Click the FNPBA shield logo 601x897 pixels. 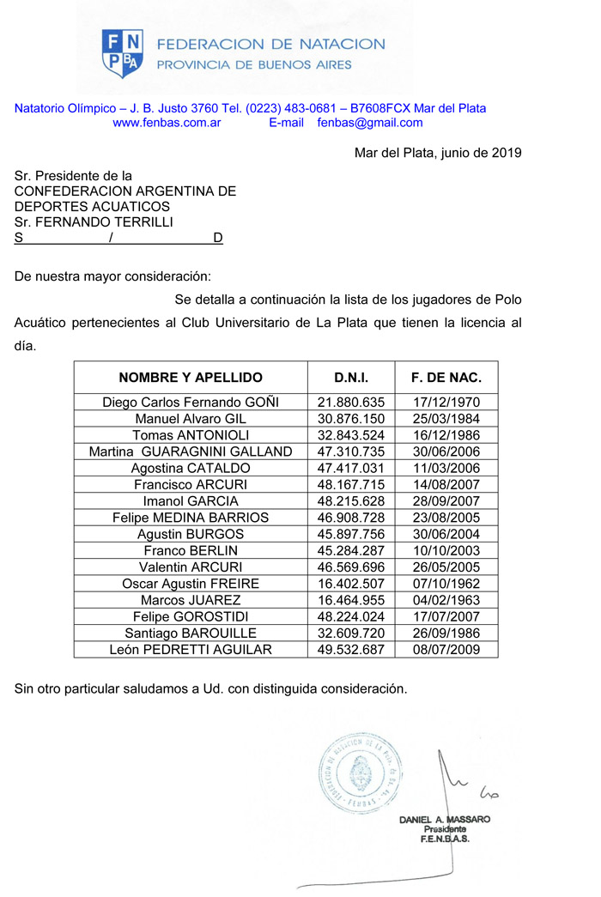(x=123, y=53)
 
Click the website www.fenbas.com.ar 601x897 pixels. (x=167, y=123)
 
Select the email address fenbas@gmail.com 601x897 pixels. (x=370, y=123)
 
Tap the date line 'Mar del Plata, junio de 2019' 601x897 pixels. (x=438, y=154)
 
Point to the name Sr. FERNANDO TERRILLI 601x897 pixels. (x=94, y=222)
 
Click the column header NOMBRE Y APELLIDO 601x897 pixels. (x=191, y=378)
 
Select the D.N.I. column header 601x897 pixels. (x=352, y=378)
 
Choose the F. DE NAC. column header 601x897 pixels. (x=446, y=378)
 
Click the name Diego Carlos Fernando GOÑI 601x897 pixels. (x=191, y=403)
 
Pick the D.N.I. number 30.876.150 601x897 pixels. (x=351, y=419)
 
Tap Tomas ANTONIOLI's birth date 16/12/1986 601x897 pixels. (x=446, y=435)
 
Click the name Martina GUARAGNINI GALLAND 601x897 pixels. (x=191, y=452)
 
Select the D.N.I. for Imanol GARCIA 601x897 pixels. (x=351, y=501)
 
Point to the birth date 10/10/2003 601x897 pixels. (x=446, y=551)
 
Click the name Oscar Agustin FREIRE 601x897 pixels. (x=191, y=584)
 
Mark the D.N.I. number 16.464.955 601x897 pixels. (x=351, y=600)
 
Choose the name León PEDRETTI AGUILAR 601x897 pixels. (x=191, y=650)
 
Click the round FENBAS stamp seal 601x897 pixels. (x=361, y=770)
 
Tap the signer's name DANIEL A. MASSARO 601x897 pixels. (x=445, y=820)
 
